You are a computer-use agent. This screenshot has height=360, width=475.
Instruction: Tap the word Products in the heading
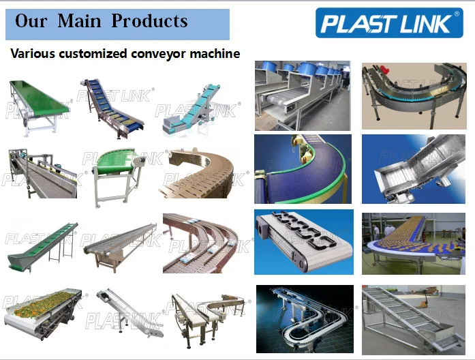[x=150, y=21]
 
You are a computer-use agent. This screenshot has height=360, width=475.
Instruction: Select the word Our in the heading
[x=31, y=21]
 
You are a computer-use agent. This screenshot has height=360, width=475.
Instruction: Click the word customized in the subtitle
[x=95, y=53]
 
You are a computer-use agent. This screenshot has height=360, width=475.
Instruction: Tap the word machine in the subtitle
[x=216, y=53]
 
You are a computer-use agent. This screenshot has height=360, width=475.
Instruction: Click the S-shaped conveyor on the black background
[x=304, y=319]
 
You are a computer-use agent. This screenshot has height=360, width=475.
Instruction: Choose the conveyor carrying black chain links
[x=303, y=242]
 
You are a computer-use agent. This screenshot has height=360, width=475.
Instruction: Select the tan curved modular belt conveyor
[x=202, y=174]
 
